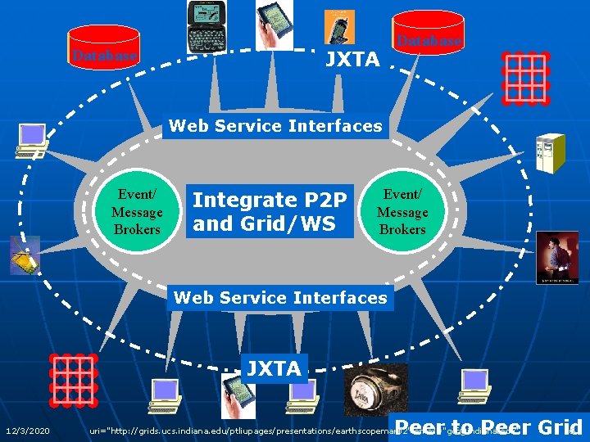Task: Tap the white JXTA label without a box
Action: pos(352,59)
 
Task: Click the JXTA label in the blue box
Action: pos(274,368)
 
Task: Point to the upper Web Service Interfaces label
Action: pos(275,126)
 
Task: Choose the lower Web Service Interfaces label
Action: pos(280,297)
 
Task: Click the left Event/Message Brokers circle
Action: pos(137,211)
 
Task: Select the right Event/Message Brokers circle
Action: pos(402,212)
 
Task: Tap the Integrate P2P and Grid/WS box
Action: pos(270,211)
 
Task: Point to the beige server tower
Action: pos(548,152)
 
